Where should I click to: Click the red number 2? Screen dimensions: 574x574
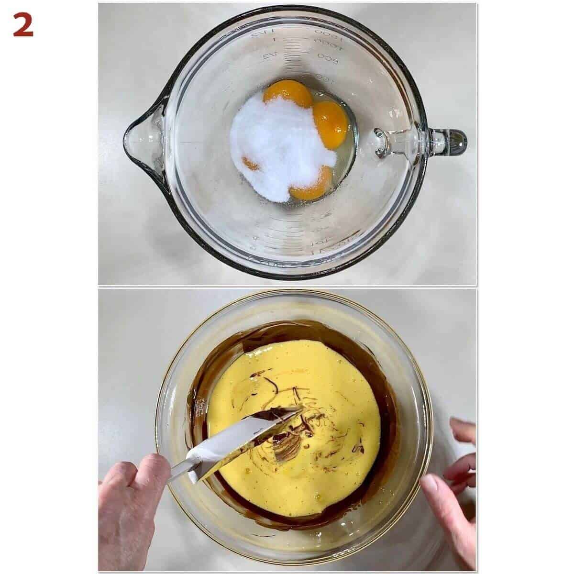click(23, 25)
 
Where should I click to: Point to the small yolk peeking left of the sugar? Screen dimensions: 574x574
click(250, 164)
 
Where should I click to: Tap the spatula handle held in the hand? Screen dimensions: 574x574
click(179, 471)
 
